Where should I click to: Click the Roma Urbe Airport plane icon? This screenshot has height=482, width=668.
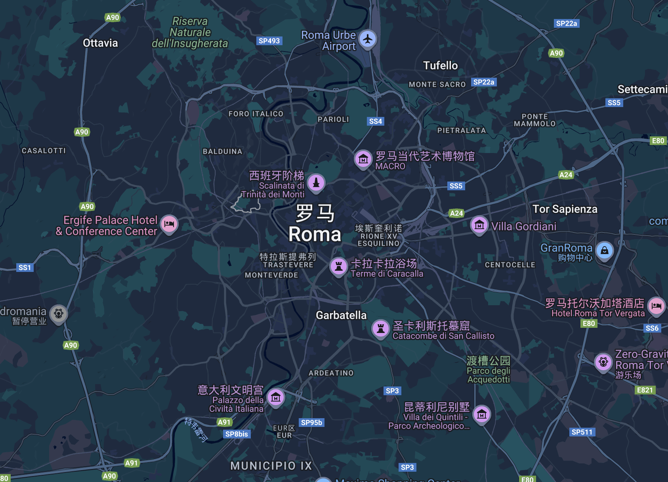[368, 39]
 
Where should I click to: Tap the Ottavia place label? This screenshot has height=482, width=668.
[100, 43]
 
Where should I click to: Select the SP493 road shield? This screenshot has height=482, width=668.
[269, 41]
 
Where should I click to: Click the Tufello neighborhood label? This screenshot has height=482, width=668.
[440, 65]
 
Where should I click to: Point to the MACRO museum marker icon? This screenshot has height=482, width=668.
[363, 159]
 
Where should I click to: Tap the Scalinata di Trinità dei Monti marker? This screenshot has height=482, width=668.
[316, 182]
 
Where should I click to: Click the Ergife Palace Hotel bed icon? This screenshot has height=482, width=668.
[169, 224]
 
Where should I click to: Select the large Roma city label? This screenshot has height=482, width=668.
[315, 234]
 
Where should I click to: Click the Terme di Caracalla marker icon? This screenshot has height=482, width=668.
[339, 266]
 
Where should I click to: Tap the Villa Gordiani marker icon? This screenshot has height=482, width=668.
[479, 225]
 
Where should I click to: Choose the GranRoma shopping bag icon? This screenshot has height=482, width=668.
[604, 251]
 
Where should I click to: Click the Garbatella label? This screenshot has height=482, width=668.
[341, 315]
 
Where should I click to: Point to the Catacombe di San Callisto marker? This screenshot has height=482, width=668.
[381, 329]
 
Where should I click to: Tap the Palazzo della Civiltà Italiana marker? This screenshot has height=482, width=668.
[276, 397]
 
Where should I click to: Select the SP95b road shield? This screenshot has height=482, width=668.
[311, 423]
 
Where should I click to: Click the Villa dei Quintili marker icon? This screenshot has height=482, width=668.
[482, 415]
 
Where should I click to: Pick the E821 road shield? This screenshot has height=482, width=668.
[645, 390]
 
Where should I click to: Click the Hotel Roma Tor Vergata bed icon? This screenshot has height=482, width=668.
[657, 306]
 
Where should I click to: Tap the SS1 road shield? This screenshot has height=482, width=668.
[25, 268]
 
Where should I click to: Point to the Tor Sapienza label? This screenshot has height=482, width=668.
[565, 209]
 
